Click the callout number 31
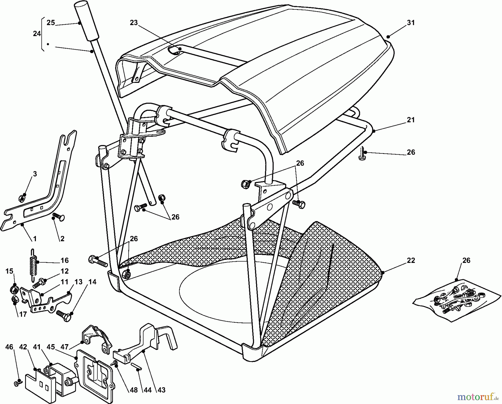coord(411,23)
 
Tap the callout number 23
coord(134,23)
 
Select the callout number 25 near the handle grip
coord(51,23)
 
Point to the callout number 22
coord(411,261)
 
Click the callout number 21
coord(411,120)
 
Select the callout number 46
coord(9,347)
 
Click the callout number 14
coord(92,282)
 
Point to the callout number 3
coord(35,174)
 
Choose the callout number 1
coord(35,239)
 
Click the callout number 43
coord(161,390)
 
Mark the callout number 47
coord(65,347)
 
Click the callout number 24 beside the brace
coord(37,34)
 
